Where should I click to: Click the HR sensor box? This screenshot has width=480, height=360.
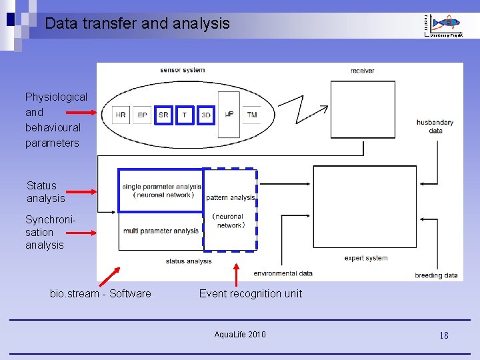click(121, 115)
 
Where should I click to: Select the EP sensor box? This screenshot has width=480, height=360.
click(142, 115)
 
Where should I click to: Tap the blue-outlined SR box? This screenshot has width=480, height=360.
click(163, 115)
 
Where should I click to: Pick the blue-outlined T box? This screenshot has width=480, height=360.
click(185, 115)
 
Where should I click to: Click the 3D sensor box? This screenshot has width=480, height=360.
click(206, 115)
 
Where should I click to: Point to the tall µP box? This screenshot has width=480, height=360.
click(229, 115)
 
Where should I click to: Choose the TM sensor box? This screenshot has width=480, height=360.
click(251, 115)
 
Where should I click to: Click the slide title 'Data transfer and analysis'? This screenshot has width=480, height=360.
click(137, 24)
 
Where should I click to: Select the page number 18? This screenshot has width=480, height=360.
click(443, 335)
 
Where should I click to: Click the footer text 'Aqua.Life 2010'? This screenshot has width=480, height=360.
click(240, 334)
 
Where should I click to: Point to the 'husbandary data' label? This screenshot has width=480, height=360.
click(435, 126)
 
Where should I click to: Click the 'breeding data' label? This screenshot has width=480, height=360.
click(436, 275)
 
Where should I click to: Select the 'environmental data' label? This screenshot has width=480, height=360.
click(283, 273)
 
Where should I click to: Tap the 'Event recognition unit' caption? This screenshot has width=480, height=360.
click(250, 293)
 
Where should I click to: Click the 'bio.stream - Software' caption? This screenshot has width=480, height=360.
click(100, 293)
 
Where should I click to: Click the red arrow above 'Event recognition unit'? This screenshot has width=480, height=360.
click(235, 273)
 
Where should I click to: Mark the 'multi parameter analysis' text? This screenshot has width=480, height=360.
click(160, 231)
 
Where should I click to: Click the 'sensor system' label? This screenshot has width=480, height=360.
click(182, 70)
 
